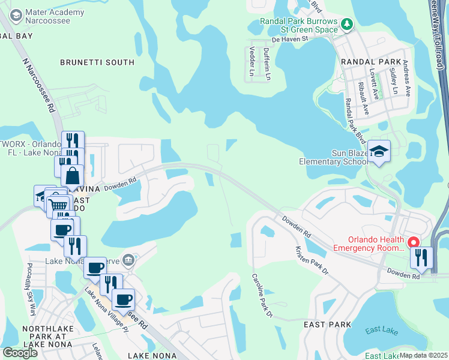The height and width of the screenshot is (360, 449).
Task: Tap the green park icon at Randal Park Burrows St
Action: (346, 24)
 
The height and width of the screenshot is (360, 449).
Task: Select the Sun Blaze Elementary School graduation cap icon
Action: (379, 151)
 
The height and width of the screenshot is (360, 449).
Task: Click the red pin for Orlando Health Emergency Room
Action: (413, 242)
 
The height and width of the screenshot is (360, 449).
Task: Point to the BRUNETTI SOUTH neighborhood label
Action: (97, 62)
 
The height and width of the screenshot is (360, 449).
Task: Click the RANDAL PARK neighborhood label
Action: (366, 62)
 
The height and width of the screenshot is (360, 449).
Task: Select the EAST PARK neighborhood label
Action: (327, 325)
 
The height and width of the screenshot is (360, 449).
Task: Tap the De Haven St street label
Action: (289, 38)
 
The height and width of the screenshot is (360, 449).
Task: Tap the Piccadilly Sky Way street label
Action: (31, 288)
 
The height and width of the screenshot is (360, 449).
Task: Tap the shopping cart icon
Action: (58, 206)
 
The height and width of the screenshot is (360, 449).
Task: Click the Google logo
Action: (19, 352)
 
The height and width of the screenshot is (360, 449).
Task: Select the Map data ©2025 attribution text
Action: (423, 355)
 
